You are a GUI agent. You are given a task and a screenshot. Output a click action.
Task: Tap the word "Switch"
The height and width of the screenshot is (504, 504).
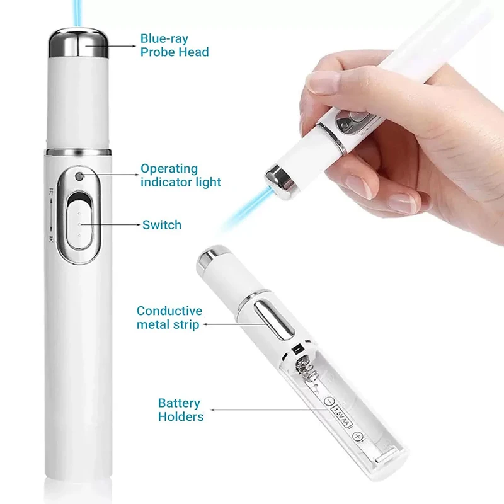162,225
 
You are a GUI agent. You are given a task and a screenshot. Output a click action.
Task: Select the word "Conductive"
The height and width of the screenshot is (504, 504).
169,311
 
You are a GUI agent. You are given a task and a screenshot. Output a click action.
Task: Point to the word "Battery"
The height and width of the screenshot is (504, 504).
179,403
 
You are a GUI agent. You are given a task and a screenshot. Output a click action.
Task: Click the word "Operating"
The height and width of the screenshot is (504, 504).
169,169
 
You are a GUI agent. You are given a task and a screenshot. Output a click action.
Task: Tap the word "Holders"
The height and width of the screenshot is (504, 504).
181,416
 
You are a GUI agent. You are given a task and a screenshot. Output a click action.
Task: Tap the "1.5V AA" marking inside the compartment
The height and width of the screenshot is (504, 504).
340,416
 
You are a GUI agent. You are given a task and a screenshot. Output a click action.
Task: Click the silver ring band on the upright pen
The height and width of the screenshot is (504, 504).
79,152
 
